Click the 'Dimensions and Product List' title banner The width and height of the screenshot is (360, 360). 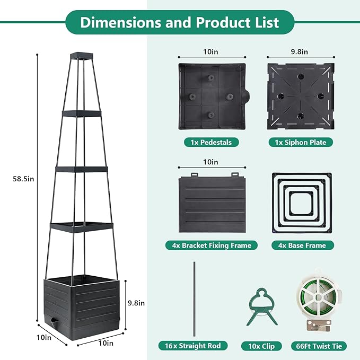[x=180, y=23]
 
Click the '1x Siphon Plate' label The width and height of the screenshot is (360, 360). [x=301, y=142]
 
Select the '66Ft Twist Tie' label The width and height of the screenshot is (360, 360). [x=319, y=346]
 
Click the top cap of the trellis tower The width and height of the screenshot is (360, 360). [x=82, y=55]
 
